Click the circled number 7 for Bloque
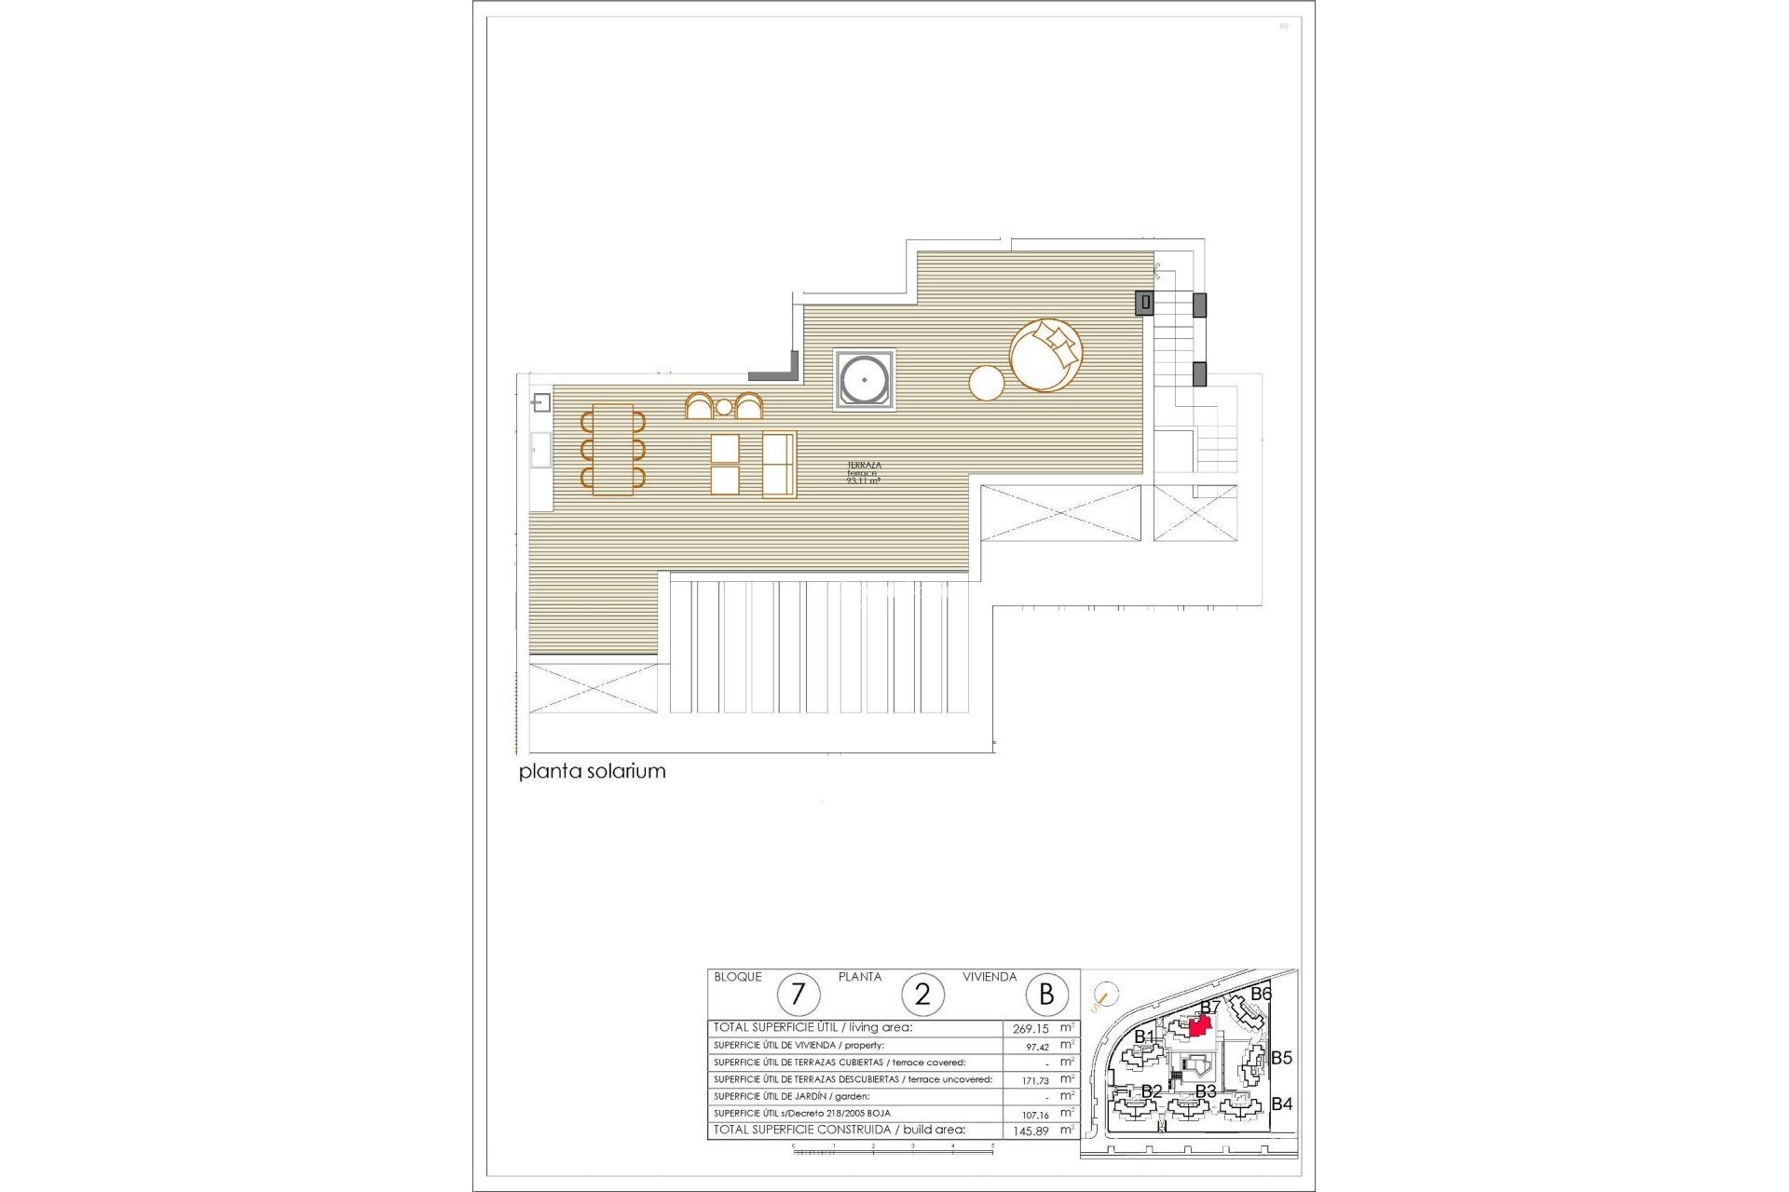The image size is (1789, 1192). tap(797, 995)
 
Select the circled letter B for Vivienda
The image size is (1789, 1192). tap(1046, 995)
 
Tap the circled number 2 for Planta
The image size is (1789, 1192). tap(922, 995)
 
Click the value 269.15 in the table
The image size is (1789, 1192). tap(1031, 1029)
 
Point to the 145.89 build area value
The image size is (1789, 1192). tap(1031, 1131)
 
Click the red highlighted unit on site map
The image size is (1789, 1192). tap(1200, 1025)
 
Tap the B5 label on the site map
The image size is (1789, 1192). tap(1281, 1058)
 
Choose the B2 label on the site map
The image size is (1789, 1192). tap(1152, 1090)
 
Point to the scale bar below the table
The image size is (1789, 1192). tap(893, 1151)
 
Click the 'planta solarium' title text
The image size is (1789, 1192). tap(592, 771)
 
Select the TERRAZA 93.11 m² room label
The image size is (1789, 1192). tap(863, 473)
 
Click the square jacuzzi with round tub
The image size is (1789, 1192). tap(865, 380)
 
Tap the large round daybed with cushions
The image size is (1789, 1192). tap(1045, 355)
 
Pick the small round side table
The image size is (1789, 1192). tap(987, 383)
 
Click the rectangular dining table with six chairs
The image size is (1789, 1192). tap(612, 450)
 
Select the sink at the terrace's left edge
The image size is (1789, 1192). tap(540, 403)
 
